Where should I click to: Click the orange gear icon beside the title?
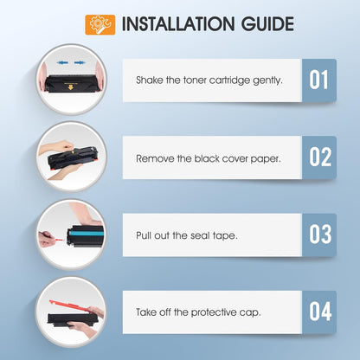[x=100, y=25]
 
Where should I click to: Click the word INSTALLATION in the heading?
[x=178, y=24]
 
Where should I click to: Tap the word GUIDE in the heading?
[x=267, y=24]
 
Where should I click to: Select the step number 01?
[x=318, y=80]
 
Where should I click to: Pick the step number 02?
[x=320, y=157]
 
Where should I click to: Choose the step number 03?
[x=320, y=234]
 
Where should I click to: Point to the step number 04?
[x=320, y=312]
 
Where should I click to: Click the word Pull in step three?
[x=144, y=235]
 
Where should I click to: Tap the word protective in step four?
[x=214, y=312]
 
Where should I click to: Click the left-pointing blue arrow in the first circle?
[x=62, y=62]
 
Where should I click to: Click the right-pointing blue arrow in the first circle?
[x=79, y=62]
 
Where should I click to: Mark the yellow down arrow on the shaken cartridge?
[x=70, y=87]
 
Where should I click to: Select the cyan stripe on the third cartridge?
[x=87, y=233]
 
